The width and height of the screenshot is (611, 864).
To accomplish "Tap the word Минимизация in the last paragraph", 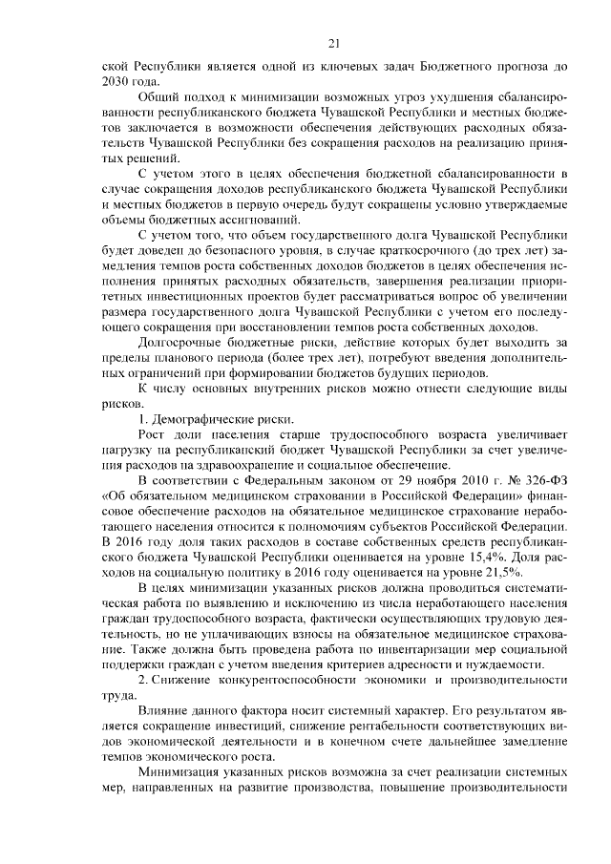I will (183, 771).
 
